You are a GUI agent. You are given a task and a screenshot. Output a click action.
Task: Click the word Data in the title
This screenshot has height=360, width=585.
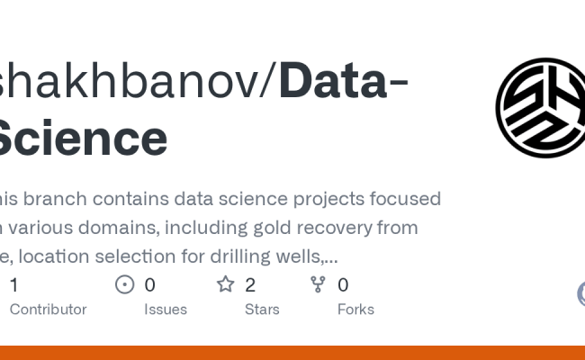(x=332, y=82)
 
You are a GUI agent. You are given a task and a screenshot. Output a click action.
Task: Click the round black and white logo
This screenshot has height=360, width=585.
(x=540, y=107)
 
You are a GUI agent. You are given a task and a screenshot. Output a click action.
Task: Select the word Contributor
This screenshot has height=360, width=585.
(x=48, y=309)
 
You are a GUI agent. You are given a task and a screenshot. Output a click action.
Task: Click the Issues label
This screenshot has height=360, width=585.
(x=166, y=309)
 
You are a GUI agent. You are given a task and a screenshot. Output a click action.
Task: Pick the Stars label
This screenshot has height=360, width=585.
(x=262, y=309)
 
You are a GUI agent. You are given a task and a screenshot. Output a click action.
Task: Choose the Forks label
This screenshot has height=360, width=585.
(x=355, y=309)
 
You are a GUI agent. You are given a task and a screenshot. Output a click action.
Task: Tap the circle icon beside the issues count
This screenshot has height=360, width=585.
(x=125, y=285)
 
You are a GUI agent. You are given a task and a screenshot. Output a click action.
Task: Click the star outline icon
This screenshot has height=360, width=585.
(x=225, y=285)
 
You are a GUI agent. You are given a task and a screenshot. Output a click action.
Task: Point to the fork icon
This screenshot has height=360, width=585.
(x=318, y=285)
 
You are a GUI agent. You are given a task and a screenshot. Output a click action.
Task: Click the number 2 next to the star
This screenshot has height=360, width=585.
(x=250, y=285)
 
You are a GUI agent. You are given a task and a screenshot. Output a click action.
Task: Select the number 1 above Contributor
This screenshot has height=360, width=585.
(x=13, y=285)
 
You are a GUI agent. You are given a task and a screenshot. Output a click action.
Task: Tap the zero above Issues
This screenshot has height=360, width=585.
(x=149, y=285)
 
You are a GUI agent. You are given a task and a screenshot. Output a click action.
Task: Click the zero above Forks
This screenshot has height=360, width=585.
(x=343, y=285)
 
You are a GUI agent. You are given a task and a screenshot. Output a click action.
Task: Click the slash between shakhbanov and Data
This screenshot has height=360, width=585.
(x=268, y=82)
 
